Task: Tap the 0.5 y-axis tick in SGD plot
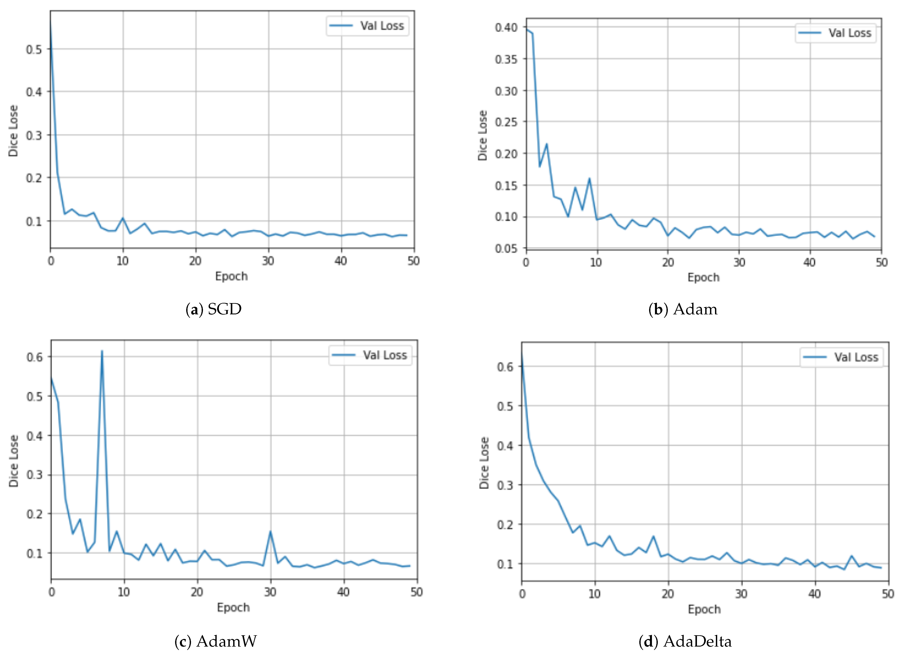(x=34, y=49)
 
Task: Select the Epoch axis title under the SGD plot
(x=231, y=276)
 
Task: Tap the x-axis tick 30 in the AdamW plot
(x=270, y=592)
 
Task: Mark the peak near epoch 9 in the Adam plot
(x=589, y=178)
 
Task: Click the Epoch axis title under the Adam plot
(x=703, y=277)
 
